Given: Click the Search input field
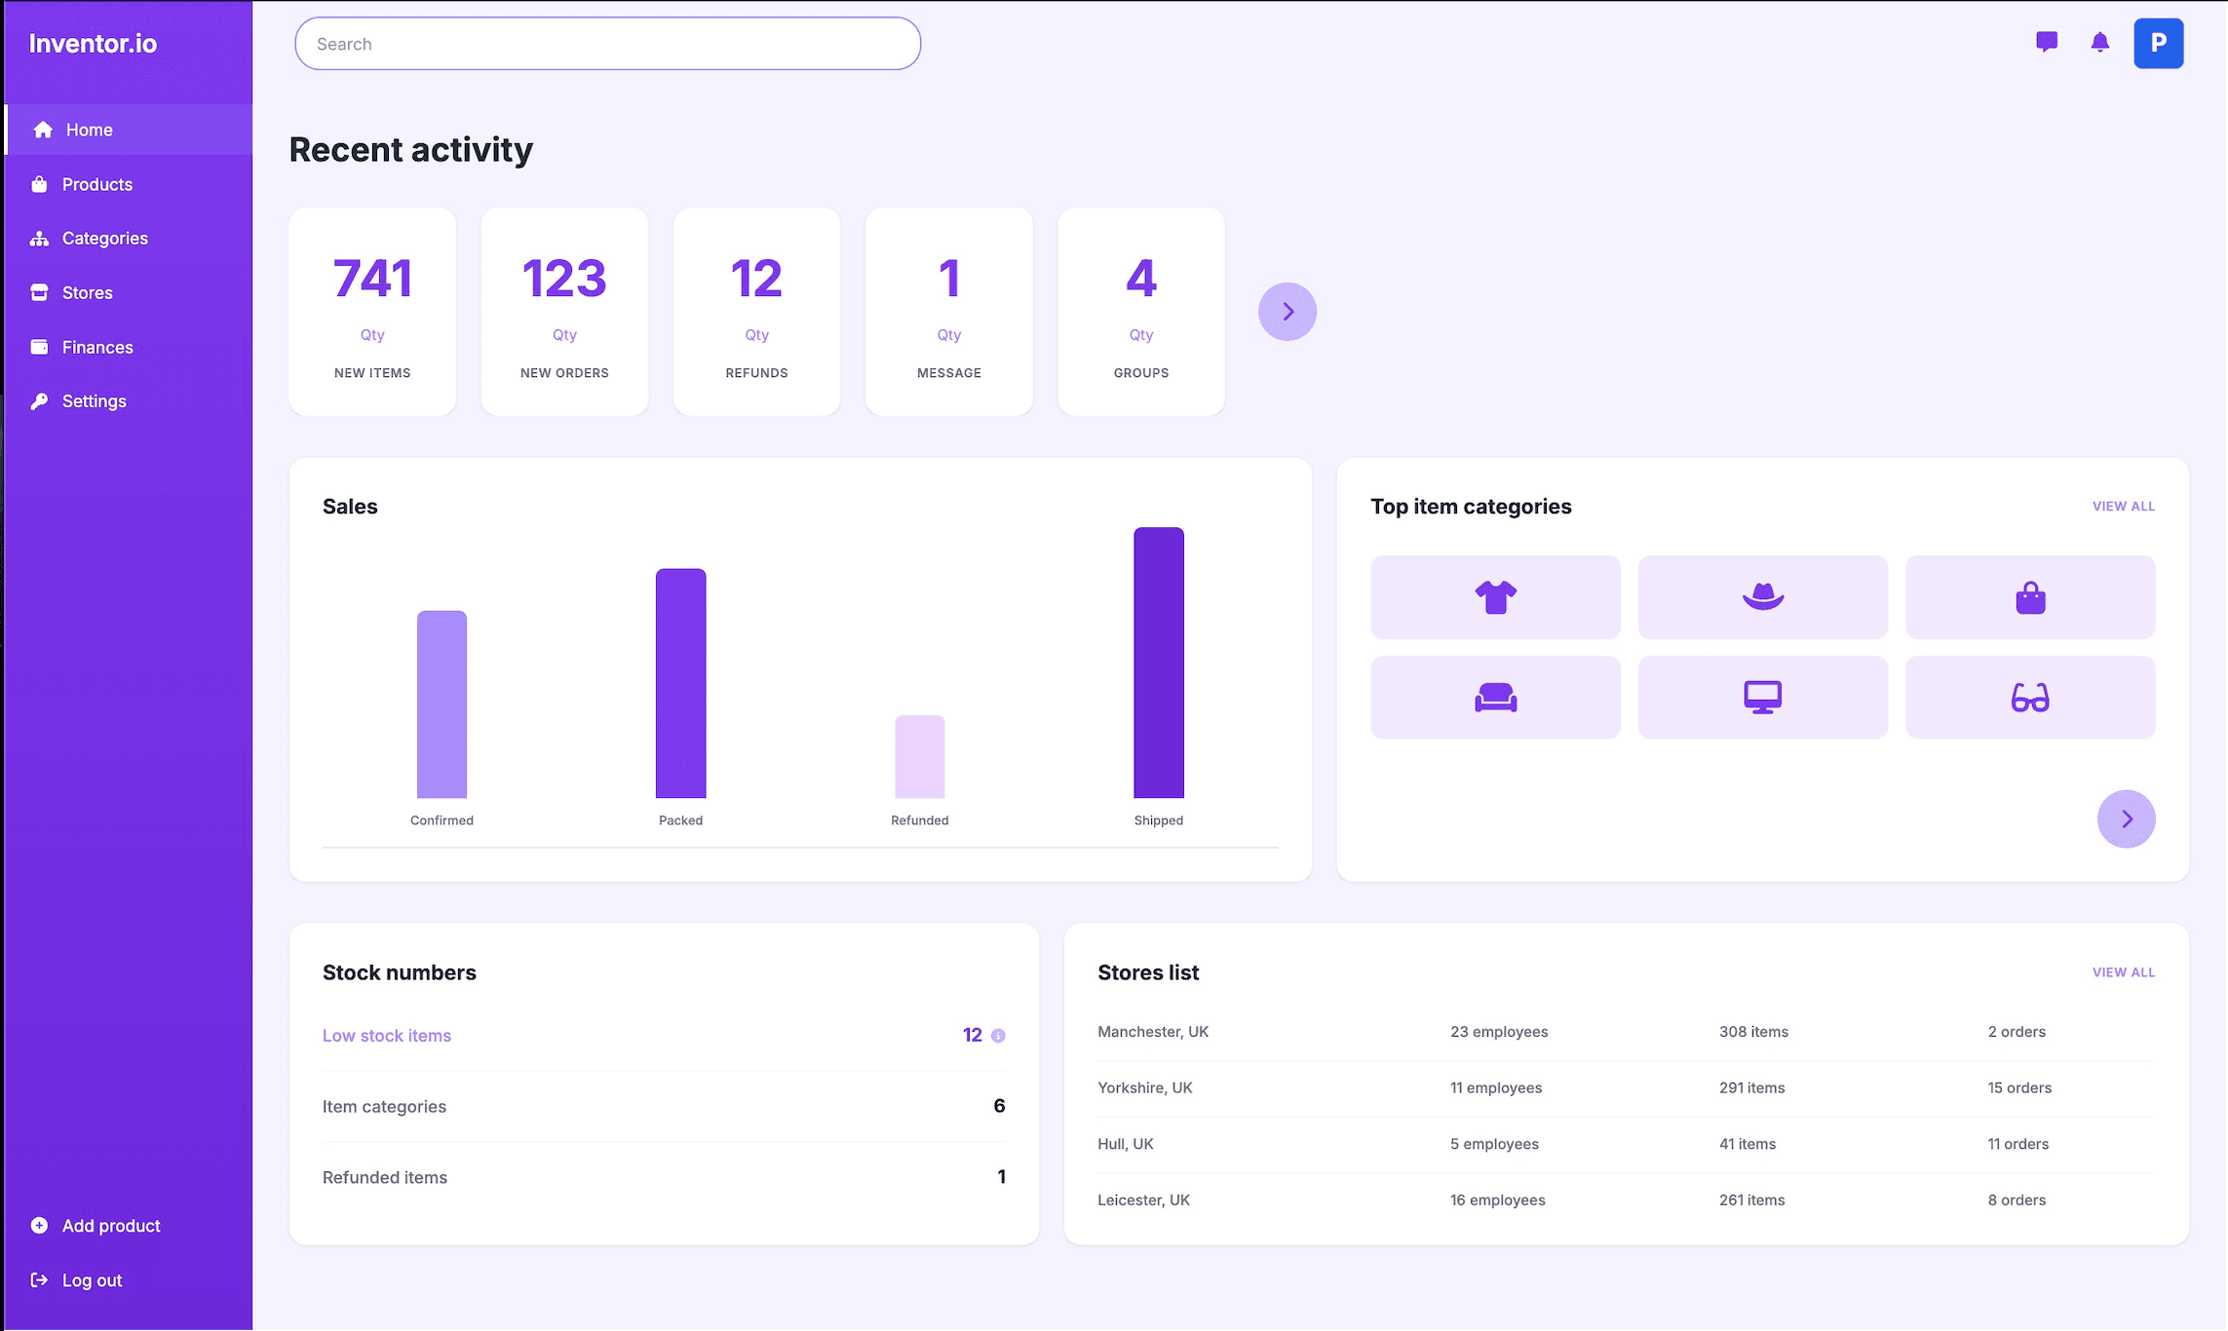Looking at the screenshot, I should tap(607, 44).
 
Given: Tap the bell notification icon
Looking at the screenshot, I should tap(2099, 42).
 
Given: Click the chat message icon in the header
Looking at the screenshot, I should tap(2047, 42).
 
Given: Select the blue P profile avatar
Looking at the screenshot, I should tap(2158, 43).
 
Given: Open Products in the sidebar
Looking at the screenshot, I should tap(96, 184).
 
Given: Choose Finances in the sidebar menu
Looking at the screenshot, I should tap(97, 347).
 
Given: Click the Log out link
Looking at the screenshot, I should tap(92, 1280).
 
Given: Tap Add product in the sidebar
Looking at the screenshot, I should tap(110, 1226).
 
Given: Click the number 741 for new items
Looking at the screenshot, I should tap(372, 279).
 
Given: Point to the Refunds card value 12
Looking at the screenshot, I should tap(756, 279).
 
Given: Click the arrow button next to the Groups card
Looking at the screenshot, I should tap(1287, 312).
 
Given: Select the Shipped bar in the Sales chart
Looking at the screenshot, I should tap(1158, 663).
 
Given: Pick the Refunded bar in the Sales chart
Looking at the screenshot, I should tap(919, 757).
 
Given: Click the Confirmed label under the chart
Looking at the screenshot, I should tap(442, 820).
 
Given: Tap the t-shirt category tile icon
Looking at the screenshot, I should tap(1495, 597).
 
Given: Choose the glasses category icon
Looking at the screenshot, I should tap(2029, 698).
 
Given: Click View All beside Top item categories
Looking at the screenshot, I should tap(2123, 507).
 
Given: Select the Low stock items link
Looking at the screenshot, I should tap(387, 1036).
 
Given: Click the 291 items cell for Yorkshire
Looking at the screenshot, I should tap(1751, 1087).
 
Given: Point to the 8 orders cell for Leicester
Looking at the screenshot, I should tap(2017, 1200).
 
